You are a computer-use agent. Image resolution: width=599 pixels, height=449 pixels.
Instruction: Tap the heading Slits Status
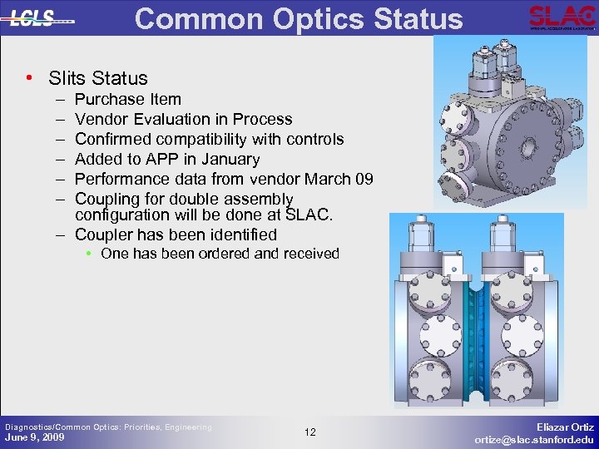[x=97, y=78]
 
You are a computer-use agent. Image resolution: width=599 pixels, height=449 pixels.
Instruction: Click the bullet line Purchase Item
[x=127, y=99]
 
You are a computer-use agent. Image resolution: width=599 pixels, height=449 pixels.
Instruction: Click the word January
[x=230, y=159]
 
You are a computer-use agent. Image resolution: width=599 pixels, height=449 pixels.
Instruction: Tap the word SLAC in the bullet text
[x=307, y=215]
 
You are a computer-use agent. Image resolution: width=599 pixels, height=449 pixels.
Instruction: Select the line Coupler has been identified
[x=176, y=234]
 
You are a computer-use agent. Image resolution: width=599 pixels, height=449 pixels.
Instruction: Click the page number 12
[x=309, y=432]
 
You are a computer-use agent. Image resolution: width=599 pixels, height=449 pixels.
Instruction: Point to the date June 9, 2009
[x=34, y=437]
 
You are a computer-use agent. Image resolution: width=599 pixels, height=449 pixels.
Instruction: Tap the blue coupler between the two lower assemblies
[x=477, y=333]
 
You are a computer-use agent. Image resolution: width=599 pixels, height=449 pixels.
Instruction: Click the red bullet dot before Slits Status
[x=30, y=78]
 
